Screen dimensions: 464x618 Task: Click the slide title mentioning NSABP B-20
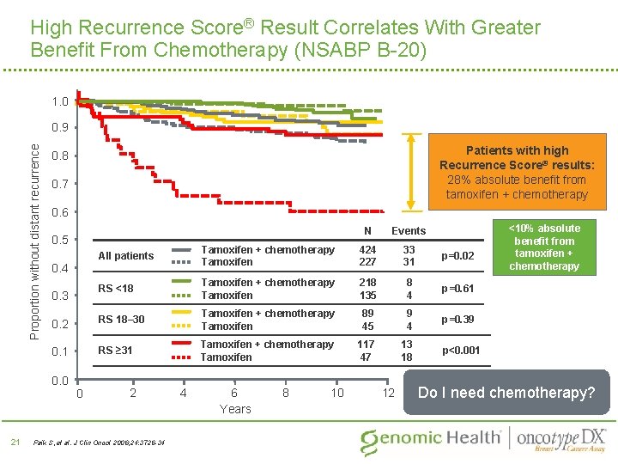[x=285, y=39]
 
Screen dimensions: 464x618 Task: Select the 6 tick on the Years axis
[x=233, y=393]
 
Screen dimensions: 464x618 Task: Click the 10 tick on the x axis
[x=337, y=393]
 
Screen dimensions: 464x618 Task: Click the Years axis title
[x=234, y=409]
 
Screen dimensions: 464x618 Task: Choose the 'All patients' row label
[x=126, y=255]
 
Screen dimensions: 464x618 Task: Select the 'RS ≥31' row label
[x=116, y=350]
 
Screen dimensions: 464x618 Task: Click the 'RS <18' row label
[x=116, y=288]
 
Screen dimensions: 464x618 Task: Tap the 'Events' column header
[x=409, y=230]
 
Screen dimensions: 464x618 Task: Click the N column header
[x=367, y=230]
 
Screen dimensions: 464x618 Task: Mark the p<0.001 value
[x=461, y=351]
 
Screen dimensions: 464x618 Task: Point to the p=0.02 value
[x=457, y=256]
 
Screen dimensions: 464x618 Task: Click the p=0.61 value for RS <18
[x=457, y=289]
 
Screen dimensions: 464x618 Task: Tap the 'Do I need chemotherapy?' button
[x=506, y=393]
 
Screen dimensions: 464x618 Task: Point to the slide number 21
[x=15, y=442]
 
